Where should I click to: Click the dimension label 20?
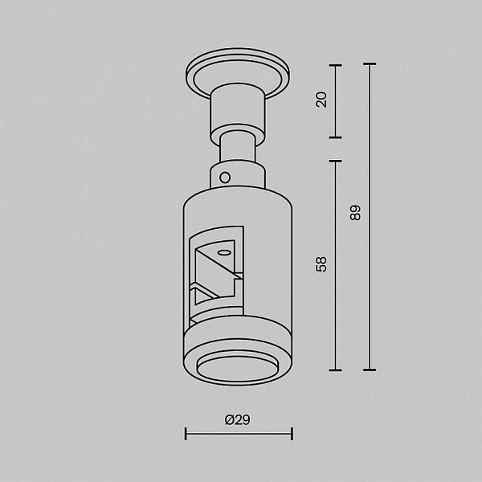click(x=321, y=100)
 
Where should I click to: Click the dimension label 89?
click(x=355, y=212)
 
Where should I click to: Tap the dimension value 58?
click(x=321, y=264)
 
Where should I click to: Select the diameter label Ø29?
click(x=237, y=419)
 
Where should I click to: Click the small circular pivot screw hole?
click(x=225, y=178)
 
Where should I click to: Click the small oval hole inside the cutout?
click(x=224, y=253)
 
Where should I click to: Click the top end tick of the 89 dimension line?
click(x=370, y=64)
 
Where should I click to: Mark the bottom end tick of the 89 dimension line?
click(x=370, y=370)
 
